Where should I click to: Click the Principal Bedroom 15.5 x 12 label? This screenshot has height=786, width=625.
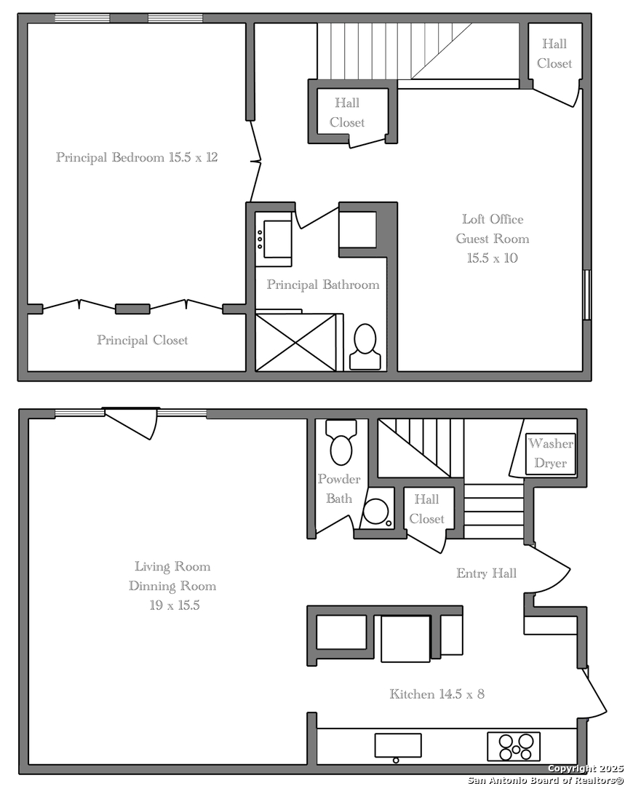[x=137, y=157]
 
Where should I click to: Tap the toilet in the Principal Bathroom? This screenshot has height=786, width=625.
[x=365, y=346]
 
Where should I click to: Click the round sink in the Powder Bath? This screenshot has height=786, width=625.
[x=376, y=512]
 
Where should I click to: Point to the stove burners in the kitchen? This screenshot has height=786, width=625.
[x=514, y=747]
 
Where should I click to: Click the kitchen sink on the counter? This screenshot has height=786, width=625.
[x=398, y=746]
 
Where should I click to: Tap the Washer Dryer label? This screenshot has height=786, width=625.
[x=550, y=453]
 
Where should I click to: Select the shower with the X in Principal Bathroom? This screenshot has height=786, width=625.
[x=295, y=342]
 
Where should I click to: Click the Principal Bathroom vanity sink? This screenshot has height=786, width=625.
[x=274, y=239]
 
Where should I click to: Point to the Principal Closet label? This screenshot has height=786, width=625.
[x=143, y=341]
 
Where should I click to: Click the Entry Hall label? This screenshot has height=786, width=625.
[x=486, y=573]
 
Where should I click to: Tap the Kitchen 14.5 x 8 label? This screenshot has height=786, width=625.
[x=437, y=694]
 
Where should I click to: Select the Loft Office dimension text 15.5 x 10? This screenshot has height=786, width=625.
[x=492, y=258]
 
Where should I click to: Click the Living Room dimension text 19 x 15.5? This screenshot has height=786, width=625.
[x=175, y=606]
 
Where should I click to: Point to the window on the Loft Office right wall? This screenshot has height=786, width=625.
[x=587, y=295]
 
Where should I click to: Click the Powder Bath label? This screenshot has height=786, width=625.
[x=339, y=489]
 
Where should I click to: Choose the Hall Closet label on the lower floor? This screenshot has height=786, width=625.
[x=426, y=509]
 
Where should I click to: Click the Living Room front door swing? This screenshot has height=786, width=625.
[x=131, y=424]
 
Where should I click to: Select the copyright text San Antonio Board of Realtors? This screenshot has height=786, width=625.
[x=546, y=780]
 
